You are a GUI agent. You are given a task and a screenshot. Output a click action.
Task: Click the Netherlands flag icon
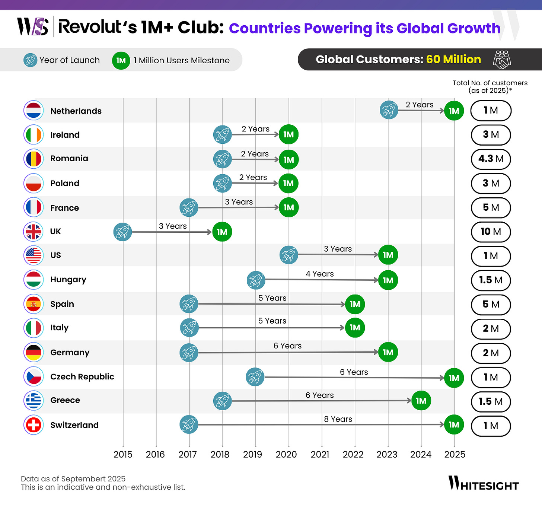pos(34,111)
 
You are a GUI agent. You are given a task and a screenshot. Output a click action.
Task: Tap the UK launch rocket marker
pos(122,232)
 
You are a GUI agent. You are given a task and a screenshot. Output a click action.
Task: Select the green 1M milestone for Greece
pos(421,401)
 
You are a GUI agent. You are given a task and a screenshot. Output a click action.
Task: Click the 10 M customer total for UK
pos(491,232)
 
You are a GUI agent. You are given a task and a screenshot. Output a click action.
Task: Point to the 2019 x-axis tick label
pos(252,454)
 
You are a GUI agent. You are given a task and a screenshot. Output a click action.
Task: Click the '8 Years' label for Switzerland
pos(338,419)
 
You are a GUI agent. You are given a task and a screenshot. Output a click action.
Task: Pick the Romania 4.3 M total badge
pos(491,159)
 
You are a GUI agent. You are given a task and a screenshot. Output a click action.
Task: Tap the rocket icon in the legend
pos(30,60)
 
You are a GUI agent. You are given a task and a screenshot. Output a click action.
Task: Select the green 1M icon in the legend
pos(121,60)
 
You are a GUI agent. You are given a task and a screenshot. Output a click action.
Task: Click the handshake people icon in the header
pos(502,60)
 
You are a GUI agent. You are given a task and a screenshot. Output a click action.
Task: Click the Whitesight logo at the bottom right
pos(483,483)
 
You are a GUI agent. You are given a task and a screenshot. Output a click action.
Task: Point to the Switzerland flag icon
pos(34,425)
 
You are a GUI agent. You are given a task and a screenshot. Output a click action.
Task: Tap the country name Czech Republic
pos(82,376)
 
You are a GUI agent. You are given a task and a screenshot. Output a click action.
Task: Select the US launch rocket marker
pos(288,255)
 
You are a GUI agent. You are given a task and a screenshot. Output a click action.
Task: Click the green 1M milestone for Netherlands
pos(454,111)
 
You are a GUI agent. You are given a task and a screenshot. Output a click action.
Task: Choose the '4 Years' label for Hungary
pos(319,274)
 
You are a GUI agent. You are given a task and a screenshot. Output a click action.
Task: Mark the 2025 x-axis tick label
pos(455,454)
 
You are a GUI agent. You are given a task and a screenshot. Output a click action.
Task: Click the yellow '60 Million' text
pos(453,59)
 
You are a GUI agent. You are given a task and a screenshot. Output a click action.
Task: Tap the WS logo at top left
pos(33,27)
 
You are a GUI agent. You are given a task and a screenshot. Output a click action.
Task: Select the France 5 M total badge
pos(491,207)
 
